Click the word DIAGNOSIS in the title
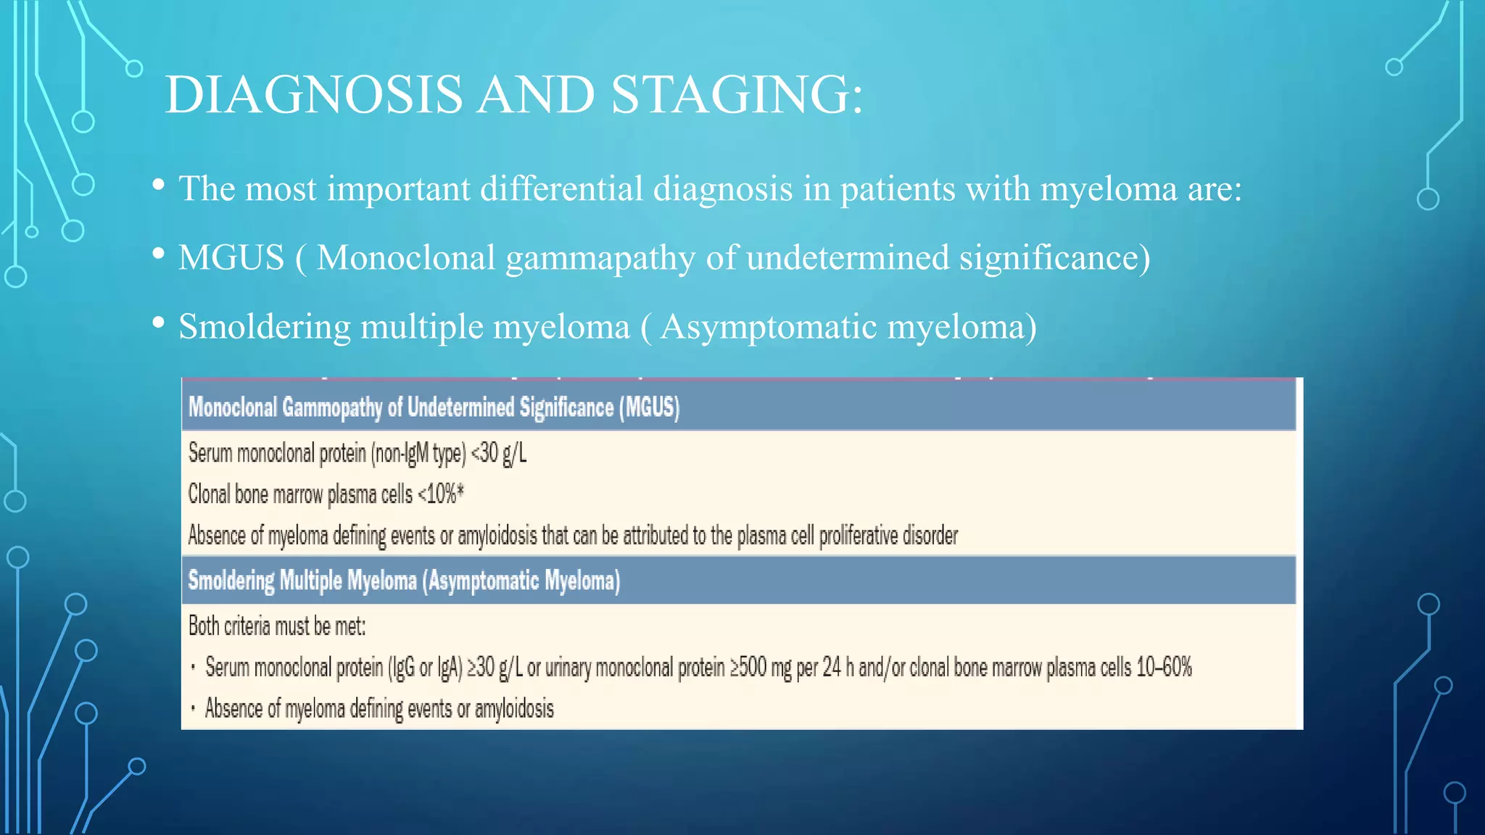click(x=313, y=95)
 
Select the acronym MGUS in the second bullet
click(x=231, y=258)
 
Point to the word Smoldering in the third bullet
click(x=265, y=327)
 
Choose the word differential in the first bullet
click(x=561, y=189)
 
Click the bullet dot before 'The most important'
click(x=158, y=186)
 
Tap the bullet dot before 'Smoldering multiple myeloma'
click(x=158, y=323)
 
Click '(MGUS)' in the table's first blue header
click(x=649, y=407)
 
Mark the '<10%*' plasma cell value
click(x=441, y=494)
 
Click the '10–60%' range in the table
click(x=1164, y=667)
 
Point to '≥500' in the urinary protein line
click(x=748, y=667)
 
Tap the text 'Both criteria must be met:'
click(x=277, y=626)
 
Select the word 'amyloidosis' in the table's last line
click(x=514, y=708)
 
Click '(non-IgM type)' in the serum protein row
click(x=418, y=454)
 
